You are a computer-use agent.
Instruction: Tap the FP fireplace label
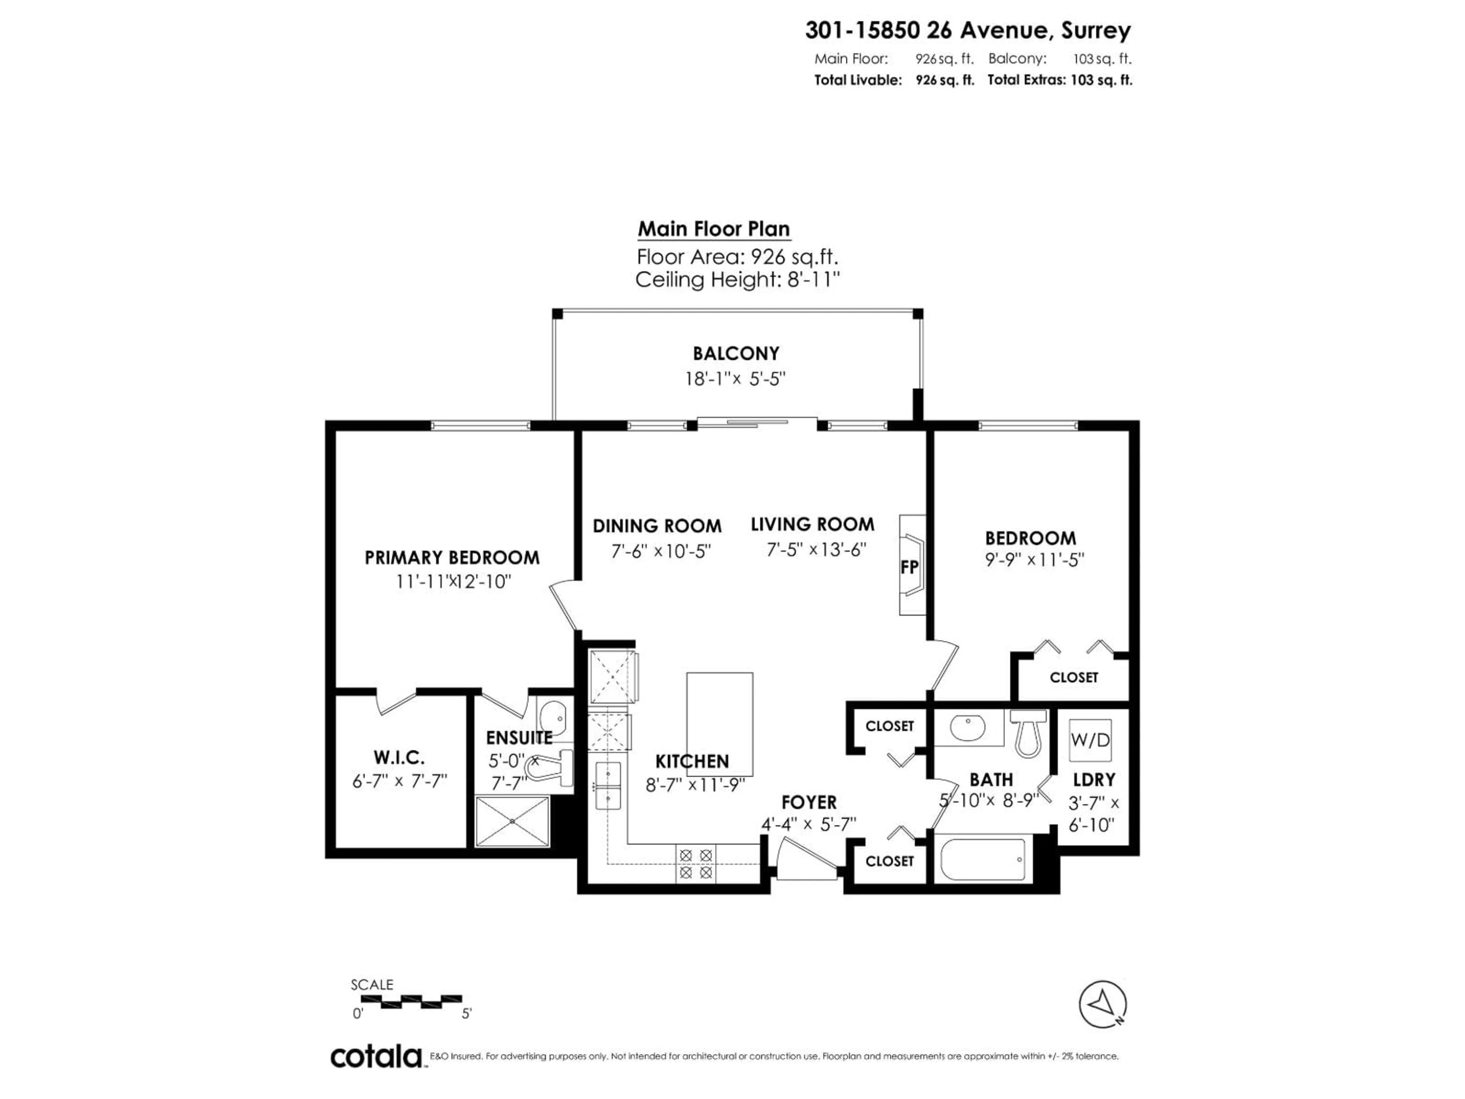(910, 567)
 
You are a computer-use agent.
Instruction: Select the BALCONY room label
(736, 353)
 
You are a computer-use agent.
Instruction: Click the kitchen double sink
(607, 785)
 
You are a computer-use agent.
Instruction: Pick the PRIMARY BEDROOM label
(452, 557)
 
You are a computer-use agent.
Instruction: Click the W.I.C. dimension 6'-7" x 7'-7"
(399, 781)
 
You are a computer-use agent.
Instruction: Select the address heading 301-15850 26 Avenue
(967, 31)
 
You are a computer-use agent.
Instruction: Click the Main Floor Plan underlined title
(713, 229)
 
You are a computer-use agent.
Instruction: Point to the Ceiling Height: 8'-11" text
(737, 280)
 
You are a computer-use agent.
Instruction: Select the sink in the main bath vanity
(968, 727)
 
